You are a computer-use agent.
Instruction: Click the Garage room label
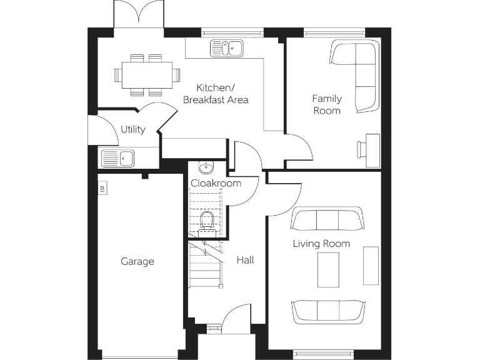pos(137,262)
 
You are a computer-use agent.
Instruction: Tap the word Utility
pos(133,129)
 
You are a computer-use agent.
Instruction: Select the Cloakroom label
pos(216,183)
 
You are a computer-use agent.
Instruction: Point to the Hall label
pos(245,260)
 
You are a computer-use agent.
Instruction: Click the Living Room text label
pos(321,244)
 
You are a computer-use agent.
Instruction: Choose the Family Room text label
pos(326,104)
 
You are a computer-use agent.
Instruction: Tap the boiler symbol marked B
pos(102,187)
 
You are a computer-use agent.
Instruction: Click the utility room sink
pos(118,159)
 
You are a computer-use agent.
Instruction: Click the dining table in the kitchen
pos(146,74)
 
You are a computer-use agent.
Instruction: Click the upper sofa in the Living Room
pos(327,220)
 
